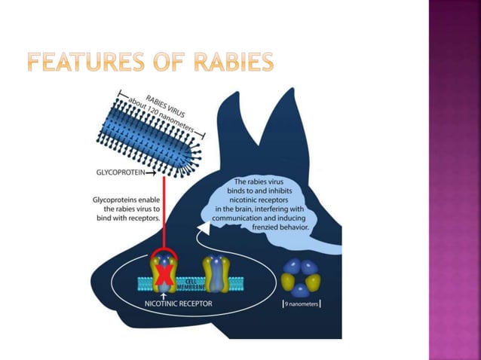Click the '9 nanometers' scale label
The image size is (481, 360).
pos(302,304)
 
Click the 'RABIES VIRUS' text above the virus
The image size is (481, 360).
pos(170,103)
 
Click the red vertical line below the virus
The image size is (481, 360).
pos(164,211)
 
